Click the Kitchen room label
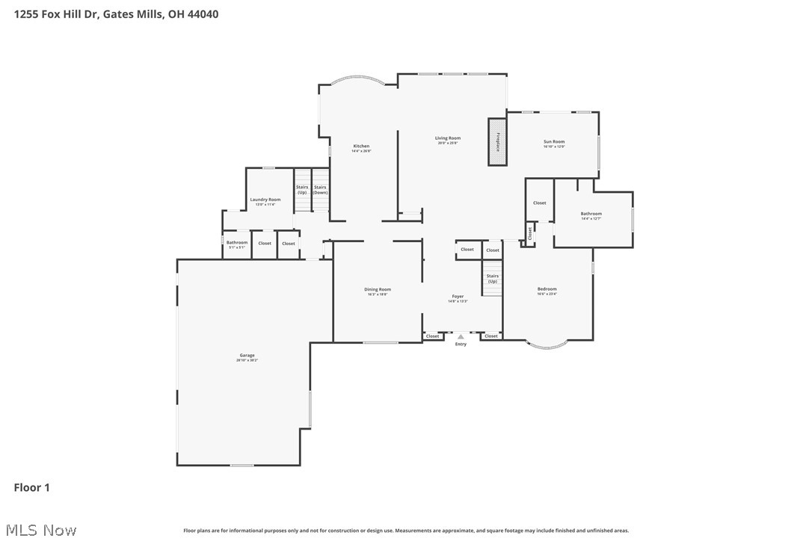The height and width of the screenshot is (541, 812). [x=361, y=146]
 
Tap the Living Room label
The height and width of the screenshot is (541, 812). [x=448, y=138]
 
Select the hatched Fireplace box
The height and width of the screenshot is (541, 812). [x=497, y=141]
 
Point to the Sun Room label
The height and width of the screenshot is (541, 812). [x=554, y=142]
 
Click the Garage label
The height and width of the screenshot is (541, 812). [x=247, y=356]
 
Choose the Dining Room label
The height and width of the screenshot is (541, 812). [x=378, y=290]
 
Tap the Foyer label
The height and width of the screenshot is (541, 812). [x=458, y=297]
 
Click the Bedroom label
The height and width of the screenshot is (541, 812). [x=547, y=289]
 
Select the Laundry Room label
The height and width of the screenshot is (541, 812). [x=265, y=200]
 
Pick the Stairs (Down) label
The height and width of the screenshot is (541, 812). [x=320, y=190]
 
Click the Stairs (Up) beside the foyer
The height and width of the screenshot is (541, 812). [x=493, y=279]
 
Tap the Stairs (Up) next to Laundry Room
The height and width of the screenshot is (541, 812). [x=302, y=190]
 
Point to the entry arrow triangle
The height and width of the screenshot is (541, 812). [x=461, y=337]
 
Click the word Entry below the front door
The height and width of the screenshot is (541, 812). [x=461, y=344]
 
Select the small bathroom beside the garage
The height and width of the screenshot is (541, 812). [x=237, y=243]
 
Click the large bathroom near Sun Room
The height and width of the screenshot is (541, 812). [x=591, y=214]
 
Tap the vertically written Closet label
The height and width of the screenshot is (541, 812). [x=529, y=233]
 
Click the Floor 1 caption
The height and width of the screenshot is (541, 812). [x=32, y=488]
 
